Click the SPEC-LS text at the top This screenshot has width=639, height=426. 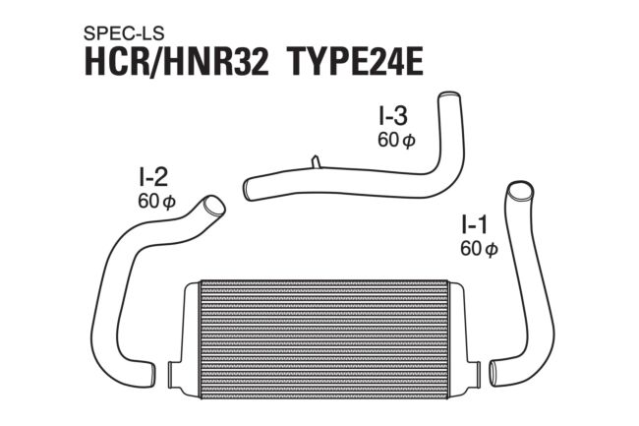[124, 33]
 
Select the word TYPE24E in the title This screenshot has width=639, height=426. [356, 63]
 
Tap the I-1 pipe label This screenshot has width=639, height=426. [475, 224]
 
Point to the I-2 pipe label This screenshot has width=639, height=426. [153, 176]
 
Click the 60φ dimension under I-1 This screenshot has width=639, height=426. [479, 249]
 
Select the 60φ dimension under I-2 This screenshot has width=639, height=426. [156, 201]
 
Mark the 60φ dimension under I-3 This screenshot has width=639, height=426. [396, 141]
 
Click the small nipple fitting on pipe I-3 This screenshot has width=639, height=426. [316, 161]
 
